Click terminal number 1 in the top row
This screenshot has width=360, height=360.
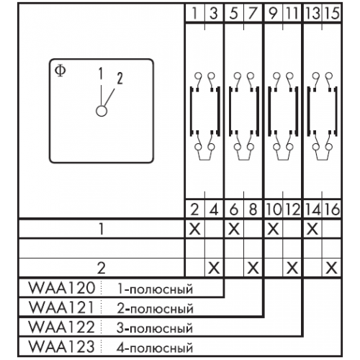[195, 13]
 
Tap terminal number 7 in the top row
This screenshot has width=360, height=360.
[253, 13]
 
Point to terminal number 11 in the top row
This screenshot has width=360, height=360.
[292, 13]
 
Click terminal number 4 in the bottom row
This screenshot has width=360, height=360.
[214, 210]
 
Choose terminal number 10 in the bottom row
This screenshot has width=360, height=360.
[274, 210]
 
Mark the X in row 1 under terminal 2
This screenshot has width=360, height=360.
[195, 229]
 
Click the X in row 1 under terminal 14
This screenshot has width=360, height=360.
[312, 229]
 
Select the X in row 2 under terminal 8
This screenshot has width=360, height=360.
[253, 268]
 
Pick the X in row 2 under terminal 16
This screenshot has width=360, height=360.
[332, 268]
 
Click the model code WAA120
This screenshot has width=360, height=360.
[62, 288]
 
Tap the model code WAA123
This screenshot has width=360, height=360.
[62, 346]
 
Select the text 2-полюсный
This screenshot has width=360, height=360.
[155, 308]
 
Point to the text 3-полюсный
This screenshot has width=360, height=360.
[155, 328]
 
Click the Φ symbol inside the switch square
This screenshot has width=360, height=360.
[60, 71]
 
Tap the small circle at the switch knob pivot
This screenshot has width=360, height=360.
[102, 111]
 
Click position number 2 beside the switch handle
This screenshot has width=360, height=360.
[120, 78]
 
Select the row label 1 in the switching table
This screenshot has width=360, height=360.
[102, 229]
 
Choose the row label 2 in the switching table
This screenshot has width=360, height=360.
[102, 268]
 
